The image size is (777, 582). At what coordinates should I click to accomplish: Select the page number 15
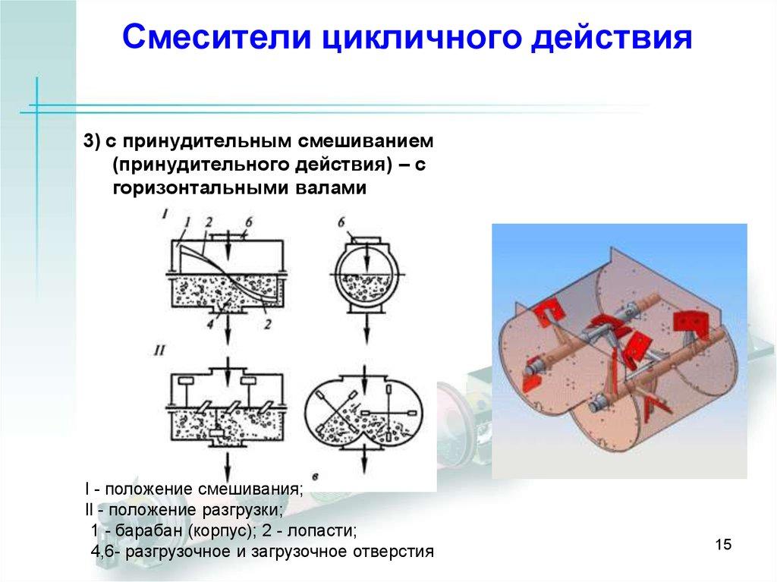tap(722, 545)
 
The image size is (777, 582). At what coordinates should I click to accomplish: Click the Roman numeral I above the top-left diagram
tap(165, 215)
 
